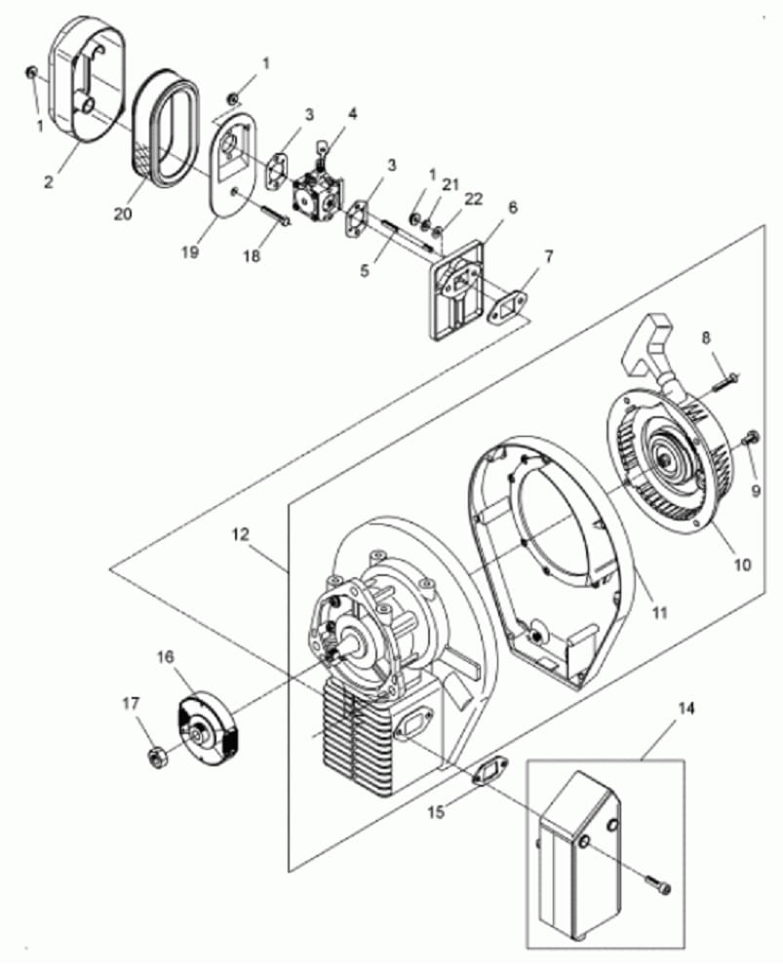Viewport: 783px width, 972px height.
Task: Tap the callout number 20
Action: pos(123,214)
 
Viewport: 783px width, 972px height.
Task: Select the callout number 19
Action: pos(190,252)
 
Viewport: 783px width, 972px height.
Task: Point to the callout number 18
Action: pos(252,255)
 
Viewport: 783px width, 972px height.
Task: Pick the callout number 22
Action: pos(472,199)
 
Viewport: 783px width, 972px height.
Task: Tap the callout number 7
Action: pos(548,255)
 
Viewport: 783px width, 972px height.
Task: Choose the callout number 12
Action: pos(241,533)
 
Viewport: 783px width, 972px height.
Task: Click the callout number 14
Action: pos(686,708)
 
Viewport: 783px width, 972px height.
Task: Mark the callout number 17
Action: pos(131,704)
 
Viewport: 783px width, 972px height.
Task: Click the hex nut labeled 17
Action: pos(157,758)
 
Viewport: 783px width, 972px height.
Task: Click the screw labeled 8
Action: pos(723,380)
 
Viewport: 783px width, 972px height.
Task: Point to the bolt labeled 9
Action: pos(750,438)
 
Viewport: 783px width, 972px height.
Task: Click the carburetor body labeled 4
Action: pos(319,189)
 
